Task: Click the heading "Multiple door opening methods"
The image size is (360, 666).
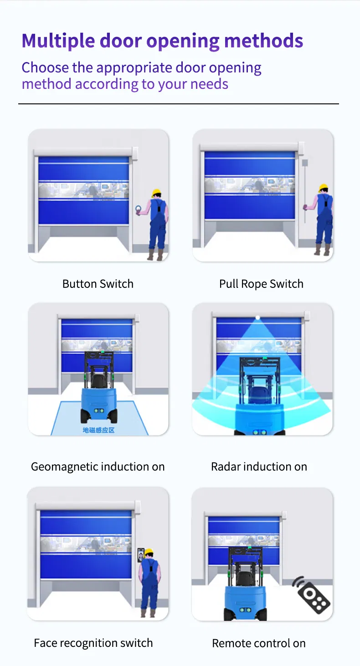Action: [x=162, y=41]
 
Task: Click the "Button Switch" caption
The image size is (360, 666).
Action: [x=98, y=284]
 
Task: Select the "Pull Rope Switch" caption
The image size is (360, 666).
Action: [x=261, y=284]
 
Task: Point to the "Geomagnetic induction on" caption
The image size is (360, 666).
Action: [x=98, y=467]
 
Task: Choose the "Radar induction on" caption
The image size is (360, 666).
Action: [x=259, y=467]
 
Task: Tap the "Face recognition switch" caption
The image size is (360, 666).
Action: [x=93, y=643]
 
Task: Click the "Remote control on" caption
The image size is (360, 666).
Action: [x=259, y=643]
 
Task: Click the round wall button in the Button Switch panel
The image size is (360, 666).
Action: [x=139, y=210]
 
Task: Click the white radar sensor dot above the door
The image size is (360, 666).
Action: [x=257, y=318]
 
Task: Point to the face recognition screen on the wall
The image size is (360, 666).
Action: [x=140, y=555]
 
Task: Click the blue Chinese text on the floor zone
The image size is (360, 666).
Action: [x=98, y=430]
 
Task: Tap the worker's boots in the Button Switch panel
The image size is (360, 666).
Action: [x=155, y=255]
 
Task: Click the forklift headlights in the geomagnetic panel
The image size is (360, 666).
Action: [x=99, y=410]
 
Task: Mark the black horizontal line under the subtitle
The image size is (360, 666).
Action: [x=179, y=104]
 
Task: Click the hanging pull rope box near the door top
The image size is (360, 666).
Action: [x=305, y=163]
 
